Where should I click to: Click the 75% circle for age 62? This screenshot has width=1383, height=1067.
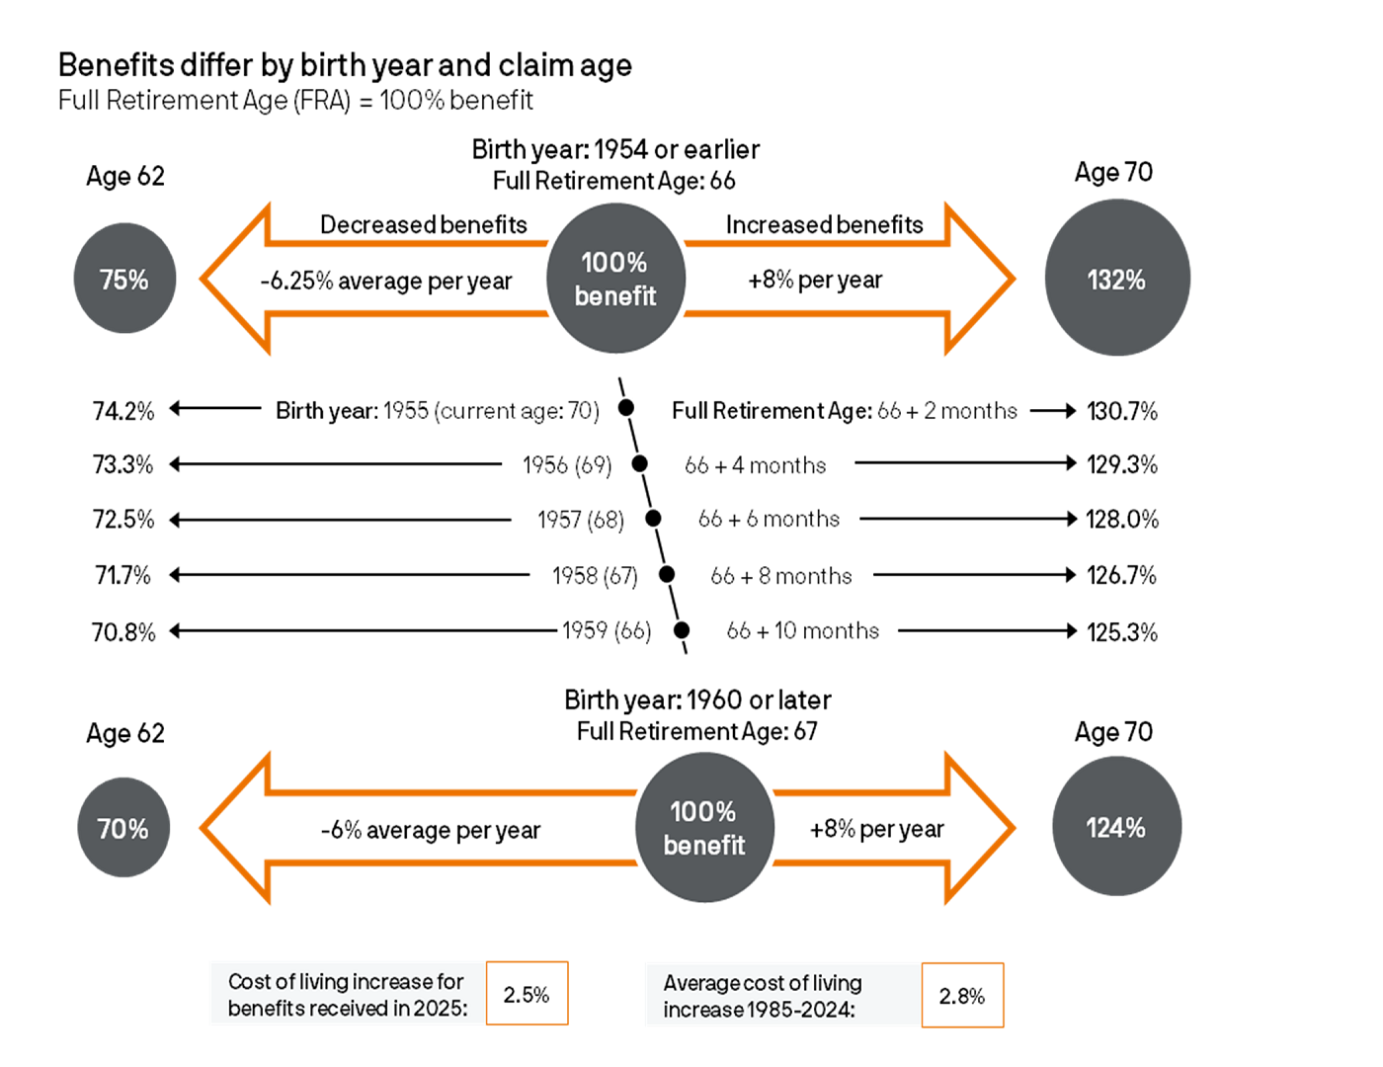point(124,279)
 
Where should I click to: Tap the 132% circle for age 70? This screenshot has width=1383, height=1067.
point(1116,279)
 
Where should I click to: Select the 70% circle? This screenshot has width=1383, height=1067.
point(123,828)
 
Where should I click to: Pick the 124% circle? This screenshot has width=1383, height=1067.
point(1116,827)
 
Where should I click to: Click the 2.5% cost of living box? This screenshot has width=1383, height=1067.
point(527,994)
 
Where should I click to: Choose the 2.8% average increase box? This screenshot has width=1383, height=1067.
point(962,996)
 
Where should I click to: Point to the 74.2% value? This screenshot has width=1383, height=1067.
point(123,411)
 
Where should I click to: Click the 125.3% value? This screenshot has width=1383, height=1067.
point(1122,632)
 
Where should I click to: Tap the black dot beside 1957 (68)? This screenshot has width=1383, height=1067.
point(653,519)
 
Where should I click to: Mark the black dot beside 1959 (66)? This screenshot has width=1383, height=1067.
point(682,630)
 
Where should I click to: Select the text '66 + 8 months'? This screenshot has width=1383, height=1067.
point(780,576)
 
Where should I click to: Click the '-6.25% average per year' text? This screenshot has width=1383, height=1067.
point(386,282)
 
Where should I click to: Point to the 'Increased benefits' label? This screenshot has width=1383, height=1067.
point(824,225)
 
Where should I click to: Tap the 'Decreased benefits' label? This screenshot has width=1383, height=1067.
point(423,225)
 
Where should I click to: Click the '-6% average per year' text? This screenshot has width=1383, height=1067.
point(431,831)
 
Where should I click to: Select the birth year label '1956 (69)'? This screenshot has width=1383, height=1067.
point(567,465)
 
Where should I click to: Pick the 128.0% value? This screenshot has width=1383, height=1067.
point(1122,520)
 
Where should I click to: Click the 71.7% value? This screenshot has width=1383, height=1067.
point(123,575)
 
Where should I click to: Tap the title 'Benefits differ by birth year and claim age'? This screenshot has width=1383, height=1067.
point(345,65)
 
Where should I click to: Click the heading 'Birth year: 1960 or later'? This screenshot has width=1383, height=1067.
point(697,700)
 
